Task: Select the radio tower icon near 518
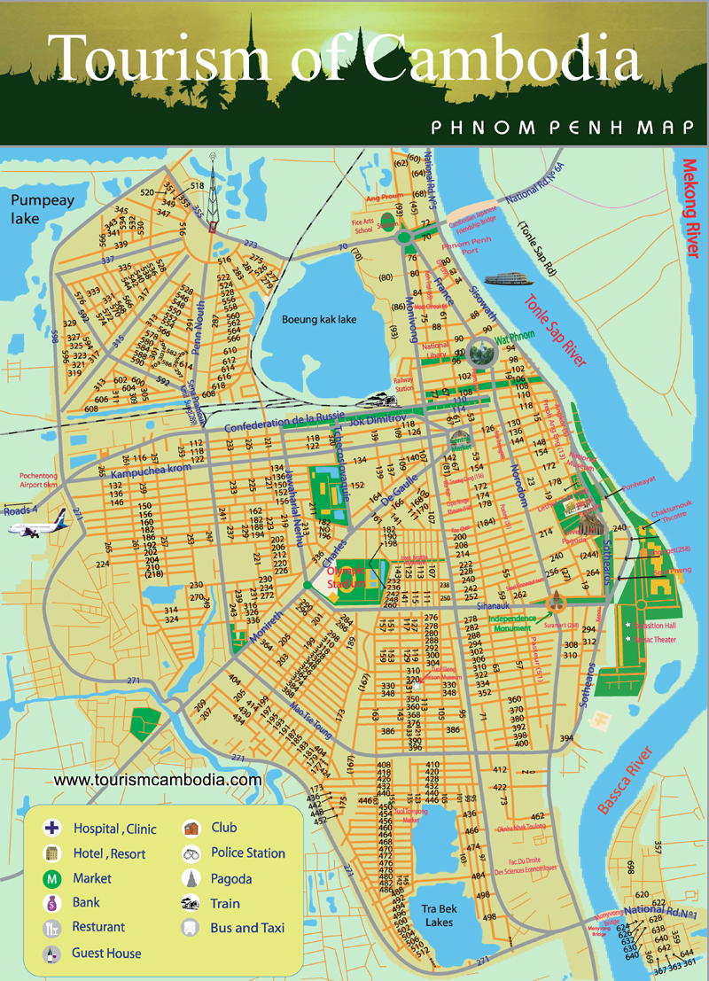213,195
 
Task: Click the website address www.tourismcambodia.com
158,780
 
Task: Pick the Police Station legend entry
247,853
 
